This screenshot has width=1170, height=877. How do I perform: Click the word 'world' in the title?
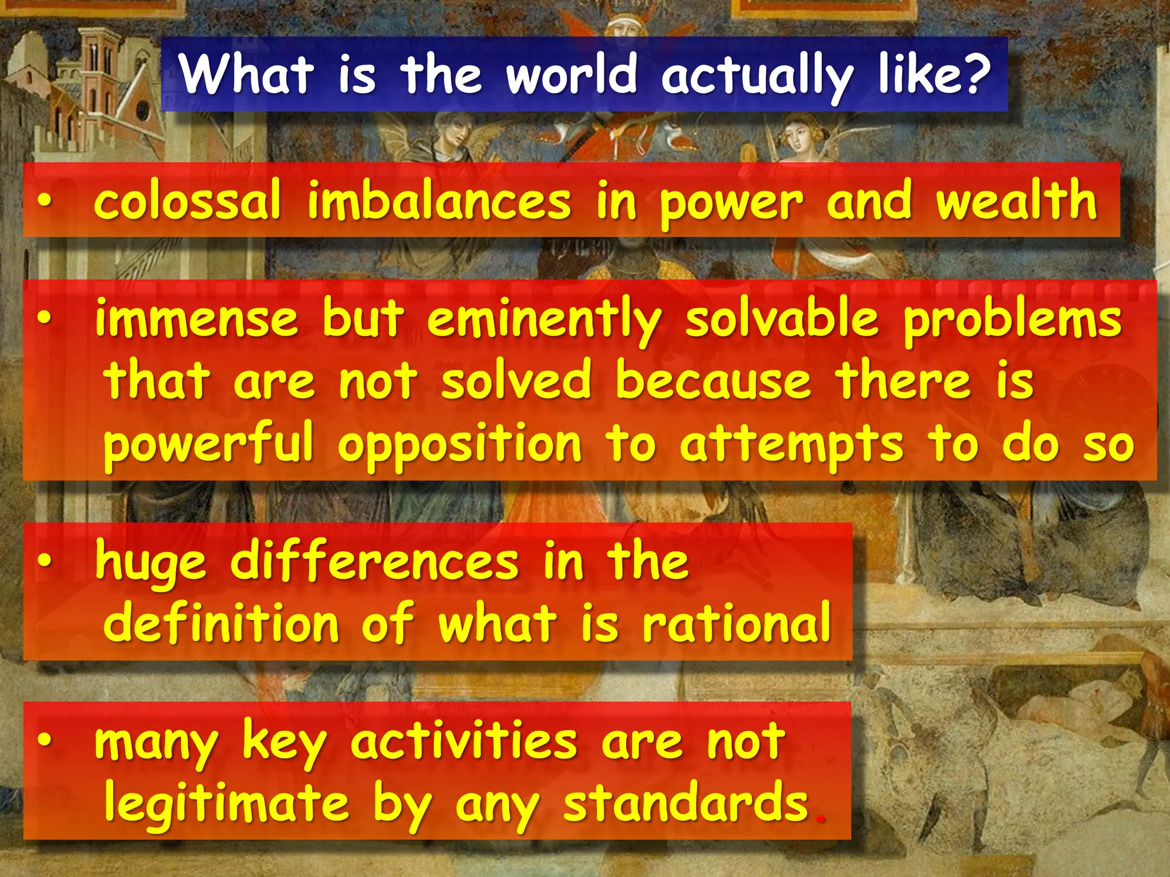(571, 74)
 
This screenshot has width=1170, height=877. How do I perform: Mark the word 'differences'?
(374, 562)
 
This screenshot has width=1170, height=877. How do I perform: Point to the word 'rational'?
(736, 623)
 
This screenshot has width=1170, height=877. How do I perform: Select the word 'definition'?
(221, 623)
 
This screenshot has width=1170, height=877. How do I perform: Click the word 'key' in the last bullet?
(284, 743)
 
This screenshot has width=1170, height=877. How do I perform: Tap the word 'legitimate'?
(226, 804)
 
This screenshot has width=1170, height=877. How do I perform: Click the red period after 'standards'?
(822, 819)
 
